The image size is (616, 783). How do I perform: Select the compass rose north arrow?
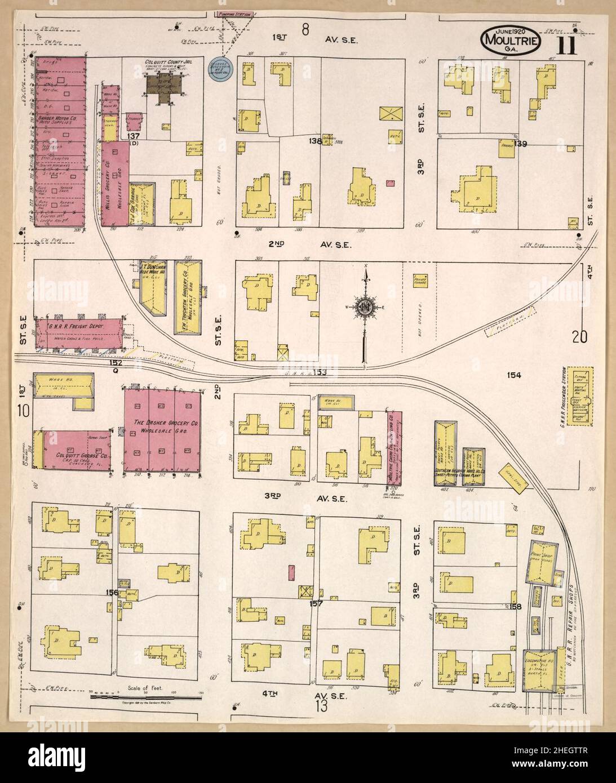(x=366, y=308)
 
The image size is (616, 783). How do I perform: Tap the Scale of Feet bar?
(x=145, y=697)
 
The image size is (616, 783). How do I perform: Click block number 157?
(x=316, y=603)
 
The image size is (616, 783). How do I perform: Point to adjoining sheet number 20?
(x=579, y=337)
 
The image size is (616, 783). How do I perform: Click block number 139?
(x=520, y=144)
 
